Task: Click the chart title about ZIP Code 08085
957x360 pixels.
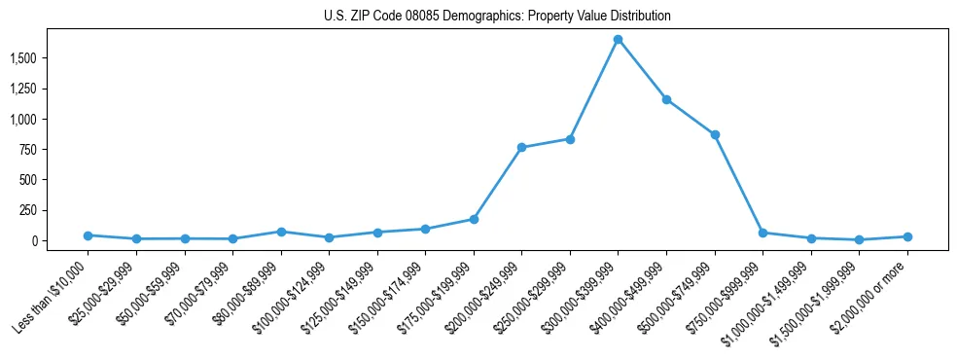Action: pyautogui.click(x=497, y=17)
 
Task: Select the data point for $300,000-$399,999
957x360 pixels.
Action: pyautogui.click(x=618, y=39)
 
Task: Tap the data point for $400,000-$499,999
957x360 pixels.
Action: pyautogui.click(x=666, y=99)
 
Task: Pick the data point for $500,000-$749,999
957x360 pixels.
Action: pyautogui.click(x=715, y=134)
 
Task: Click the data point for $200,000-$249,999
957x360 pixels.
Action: pyautogui.click(x=521, y=147)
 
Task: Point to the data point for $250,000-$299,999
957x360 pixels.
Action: pyautogui.click(x=570, y=139)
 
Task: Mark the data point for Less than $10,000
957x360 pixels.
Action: pyautogui.click(x=88, y=235)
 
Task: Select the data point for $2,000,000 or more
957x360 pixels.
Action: pyautogui.click(x=907, y=236)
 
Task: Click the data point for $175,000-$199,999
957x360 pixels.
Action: pyautogui.click(x=474, y=219)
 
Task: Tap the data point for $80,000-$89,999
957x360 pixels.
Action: pyautogui.click(x=280, y=232)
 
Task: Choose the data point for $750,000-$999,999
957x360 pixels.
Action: pyautogui.click(x=762, y=233)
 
